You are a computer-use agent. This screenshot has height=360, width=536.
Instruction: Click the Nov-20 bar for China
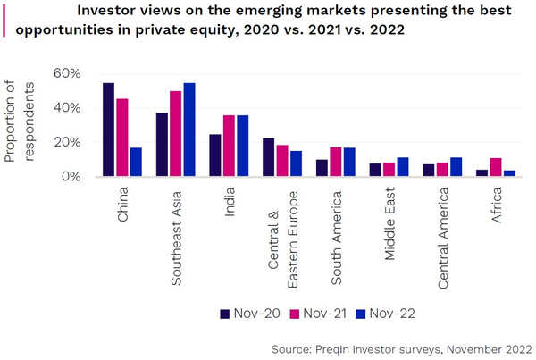click(108, 130)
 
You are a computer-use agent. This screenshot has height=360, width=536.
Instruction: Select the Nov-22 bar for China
click(136, 163)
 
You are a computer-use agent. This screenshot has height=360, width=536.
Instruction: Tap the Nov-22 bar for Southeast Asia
click(189, 130)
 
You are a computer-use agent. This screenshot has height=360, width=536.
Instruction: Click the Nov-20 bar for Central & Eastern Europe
click(269, 157)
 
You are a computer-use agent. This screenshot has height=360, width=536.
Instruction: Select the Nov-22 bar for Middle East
click(402, 167)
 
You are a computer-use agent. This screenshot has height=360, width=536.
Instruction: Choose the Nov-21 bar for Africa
click(496, 167)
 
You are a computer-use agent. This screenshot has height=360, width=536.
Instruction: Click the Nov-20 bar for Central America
click(429, 171)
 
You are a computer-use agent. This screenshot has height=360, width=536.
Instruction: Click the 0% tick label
click(71, 177)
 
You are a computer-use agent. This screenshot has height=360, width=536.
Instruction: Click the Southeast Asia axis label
click(176, 233)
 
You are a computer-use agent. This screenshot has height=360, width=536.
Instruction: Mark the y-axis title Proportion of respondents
click(22, 122)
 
